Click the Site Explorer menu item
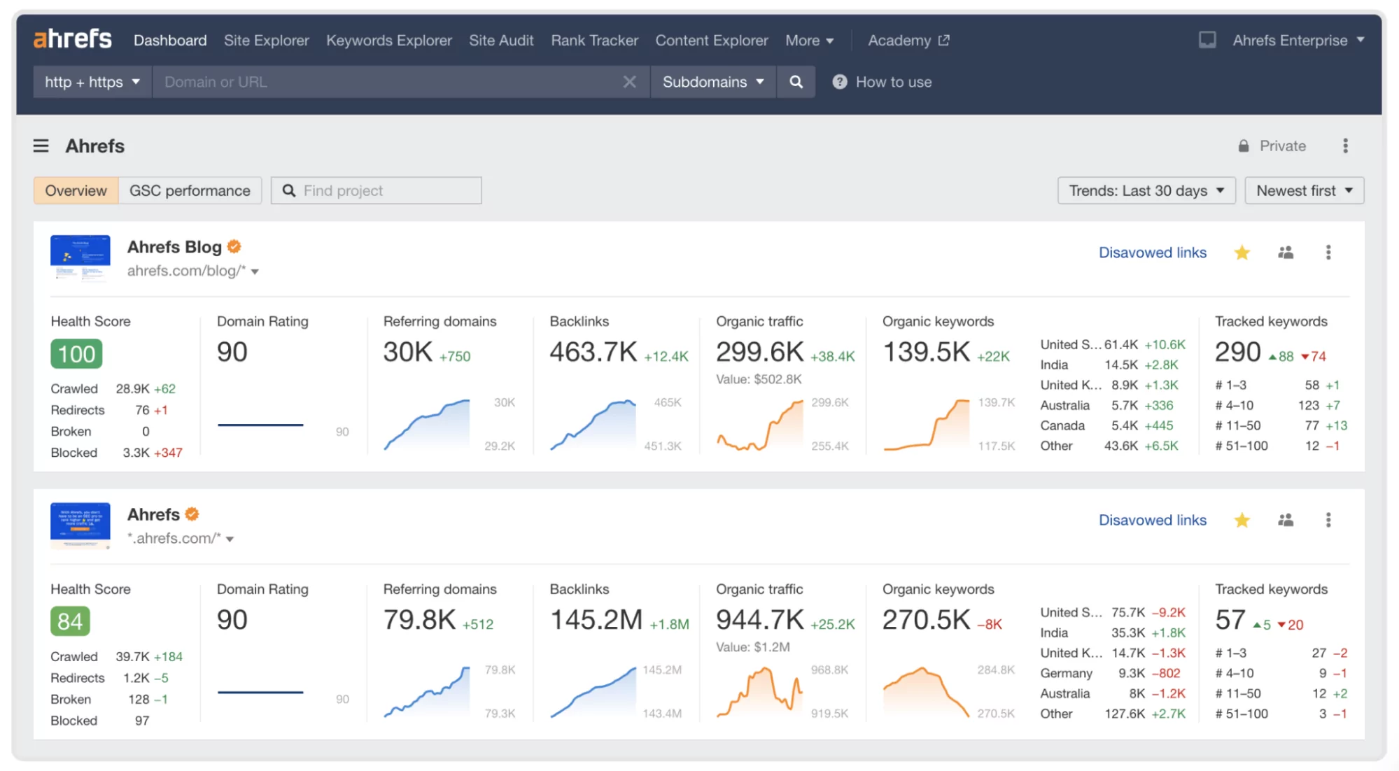coord(266,41)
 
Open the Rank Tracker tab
coord(594,41)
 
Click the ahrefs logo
coord(73,39)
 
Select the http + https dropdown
coord(92,82)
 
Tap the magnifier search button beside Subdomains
coord(796,82)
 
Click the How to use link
coord(893,82)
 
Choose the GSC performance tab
coord(190,190)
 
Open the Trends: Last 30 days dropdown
coord(1146,190)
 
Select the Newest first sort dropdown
coord(1304,190)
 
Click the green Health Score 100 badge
coord(76,354)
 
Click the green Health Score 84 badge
coord(70,621)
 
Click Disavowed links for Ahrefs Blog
coord(1152,253)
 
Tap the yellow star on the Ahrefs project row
coord(1242,520)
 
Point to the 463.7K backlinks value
coord(593,352)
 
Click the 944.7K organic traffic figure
coord(759,620)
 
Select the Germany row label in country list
coord(1066,673)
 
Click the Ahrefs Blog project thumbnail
coord(80,257)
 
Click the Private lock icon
coord(1244,146)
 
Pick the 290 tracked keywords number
coord(1237,352)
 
